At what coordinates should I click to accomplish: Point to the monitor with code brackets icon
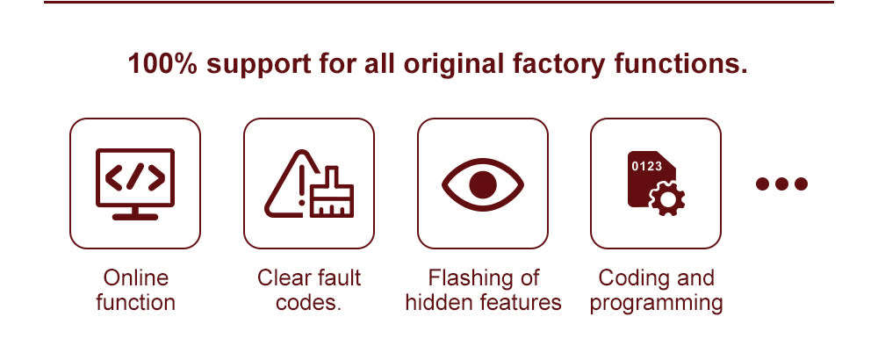(x=135, y=183)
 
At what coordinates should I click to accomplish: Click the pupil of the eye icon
(x=482, y=184)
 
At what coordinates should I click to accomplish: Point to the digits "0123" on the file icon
(x=647, y=166)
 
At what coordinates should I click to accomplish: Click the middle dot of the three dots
(x=781, y=184)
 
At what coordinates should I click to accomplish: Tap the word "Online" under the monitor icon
(x=135, y=278)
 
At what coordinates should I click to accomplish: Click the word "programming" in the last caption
(x=657, y=303)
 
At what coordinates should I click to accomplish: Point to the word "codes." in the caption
(x=309, y=303)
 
